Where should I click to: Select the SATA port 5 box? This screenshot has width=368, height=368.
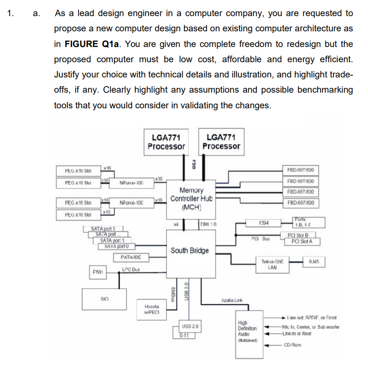pos(103,229)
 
